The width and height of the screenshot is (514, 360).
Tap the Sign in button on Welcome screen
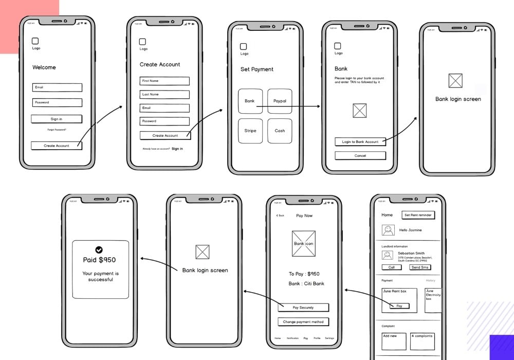tap(57, 119)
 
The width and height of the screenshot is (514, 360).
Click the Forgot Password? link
tap(57, 130)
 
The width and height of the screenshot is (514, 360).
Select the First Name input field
tap(164, 81)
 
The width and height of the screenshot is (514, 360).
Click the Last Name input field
tap(164, 95)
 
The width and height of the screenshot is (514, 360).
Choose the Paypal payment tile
tap(280, 101)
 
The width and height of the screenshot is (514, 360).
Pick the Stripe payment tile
tap(250, 131)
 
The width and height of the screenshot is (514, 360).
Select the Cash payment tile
tap(280, 131)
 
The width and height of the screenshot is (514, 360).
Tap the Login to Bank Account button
tap(360, 142)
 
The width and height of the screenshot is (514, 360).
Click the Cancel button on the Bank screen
tap(360, 155)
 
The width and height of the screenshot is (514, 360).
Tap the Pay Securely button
tap(303, 308)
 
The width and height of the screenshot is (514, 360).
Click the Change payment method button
tap(303, 322)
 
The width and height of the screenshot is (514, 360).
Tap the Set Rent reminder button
tap(418, 215)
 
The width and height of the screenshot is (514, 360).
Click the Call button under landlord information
tap(391, 267)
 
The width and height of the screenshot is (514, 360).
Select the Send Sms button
tap(419, 267)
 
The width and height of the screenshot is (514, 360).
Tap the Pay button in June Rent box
tap(399, 306)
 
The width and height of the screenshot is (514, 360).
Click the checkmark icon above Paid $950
tap(99, 250)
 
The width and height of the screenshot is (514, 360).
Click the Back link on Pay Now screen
tap(280, 215)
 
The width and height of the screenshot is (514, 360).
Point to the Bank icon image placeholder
tap(303, 244)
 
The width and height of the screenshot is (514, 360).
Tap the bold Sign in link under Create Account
tap(177, 149)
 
